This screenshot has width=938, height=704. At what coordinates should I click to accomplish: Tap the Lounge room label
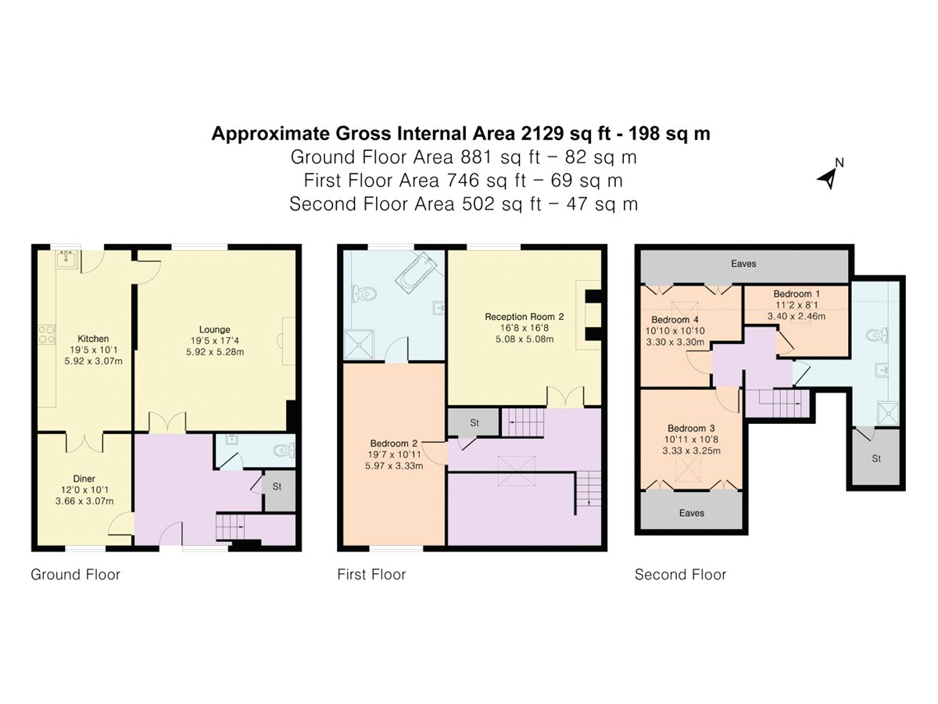214,329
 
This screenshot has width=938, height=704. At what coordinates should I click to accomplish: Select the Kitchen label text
93,339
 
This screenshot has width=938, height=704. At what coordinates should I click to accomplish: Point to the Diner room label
84,479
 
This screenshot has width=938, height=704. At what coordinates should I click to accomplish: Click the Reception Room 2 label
524,317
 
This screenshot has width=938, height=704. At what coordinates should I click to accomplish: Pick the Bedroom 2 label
394,444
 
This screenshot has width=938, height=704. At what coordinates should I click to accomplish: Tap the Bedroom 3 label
692,429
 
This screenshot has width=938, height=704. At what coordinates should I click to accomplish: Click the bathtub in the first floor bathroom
416,270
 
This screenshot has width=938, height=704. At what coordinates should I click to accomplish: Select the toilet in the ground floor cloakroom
285,451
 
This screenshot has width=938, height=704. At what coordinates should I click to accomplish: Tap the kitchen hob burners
47,334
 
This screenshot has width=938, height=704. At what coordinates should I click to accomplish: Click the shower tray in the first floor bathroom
359,344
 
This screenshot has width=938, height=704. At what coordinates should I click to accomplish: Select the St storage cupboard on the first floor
474,422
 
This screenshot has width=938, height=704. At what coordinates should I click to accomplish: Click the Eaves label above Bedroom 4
743,264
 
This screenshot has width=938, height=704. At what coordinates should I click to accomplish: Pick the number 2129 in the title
542,134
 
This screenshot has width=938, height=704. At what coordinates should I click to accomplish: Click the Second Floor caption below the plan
680,575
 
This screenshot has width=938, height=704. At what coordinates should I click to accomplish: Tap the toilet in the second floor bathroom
879,336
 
